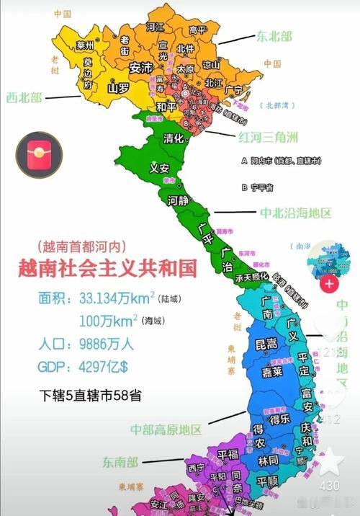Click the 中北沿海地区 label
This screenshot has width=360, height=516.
coord(296,213)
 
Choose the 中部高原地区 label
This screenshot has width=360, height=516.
coord(166,430)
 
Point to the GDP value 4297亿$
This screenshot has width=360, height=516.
coord(103,367)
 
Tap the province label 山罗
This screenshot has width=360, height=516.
coord(118,89)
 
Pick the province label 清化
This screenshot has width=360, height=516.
coord(174,138)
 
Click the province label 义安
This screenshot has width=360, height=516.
coord(158,169)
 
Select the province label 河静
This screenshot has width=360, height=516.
coord(178,200)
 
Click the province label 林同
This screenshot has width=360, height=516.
coord(269,460)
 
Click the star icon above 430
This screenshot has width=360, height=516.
coord(330,461)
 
